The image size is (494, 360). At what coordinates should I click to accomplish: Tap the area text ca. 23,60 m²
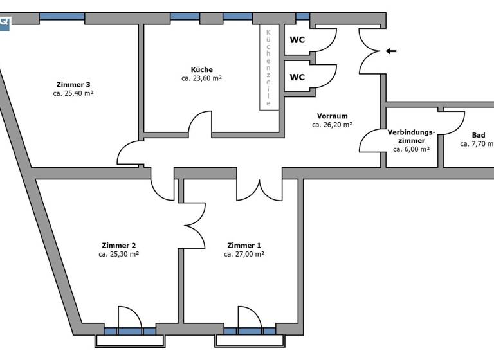click(201, 78)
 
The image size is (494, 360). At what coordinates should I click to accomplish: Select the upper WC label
click(297, 40)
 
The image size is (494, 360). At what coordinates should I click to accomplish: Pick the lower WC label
click(297, 77)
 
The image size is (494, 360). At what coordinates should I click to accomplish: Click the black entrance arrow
click(390, 51)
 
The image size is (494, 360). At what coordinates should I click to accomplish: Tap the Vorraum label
click(332, 116)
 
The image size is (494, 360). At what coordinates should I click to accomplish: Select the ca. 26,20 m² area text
click(332, 125)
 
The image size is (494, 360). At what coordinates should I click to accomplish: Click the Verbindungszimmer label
click(411, 136)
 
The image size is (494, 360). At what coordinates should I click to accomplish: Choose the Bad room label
click(479, 135)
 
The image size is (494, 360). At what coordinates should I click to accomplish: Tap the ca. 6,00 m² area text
click(411, 148)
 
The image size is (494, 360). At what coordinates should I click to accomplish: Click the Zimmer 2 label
click(118, 245)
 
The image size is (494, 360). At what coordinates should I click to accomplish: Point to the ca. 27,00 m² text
click(244, 254)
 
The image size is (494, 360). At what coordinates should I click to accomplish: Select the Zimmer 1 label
click(244, 245)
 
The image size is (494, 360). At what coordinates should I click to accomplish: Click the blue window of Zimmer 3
click(62, 16)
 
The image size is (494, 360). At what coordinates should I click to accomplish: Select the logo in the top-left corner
click(5, 22)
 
